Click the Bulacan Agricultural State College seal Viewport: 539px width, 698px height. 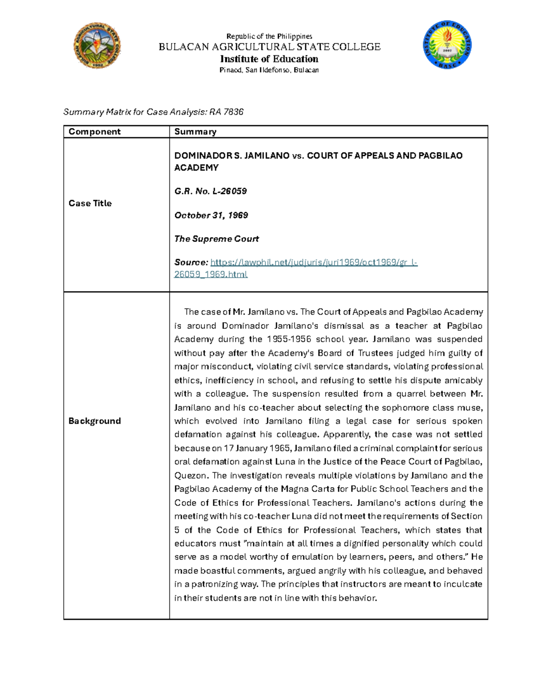point(97,46)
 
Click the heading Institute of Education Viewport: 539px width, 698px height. point(269,59)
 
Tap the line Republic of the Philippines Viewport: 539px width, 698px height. point(269,36)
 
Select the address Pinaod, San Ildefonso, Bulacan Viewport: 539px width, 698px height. point(269,70)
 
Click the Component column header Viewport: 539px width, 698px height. point(94,132)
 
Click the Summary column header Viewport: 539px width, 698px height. point(195,132)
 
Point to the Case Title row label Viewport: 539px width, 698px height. point(90,203)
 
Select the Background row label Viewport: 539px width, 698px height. point(94,421)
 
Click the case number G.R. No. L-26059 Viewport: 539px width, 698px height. point(210,191)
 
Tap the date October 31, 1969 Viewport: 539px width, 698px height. point(211,215)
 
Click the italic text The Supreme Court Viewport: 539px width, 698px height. point(216,239)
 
